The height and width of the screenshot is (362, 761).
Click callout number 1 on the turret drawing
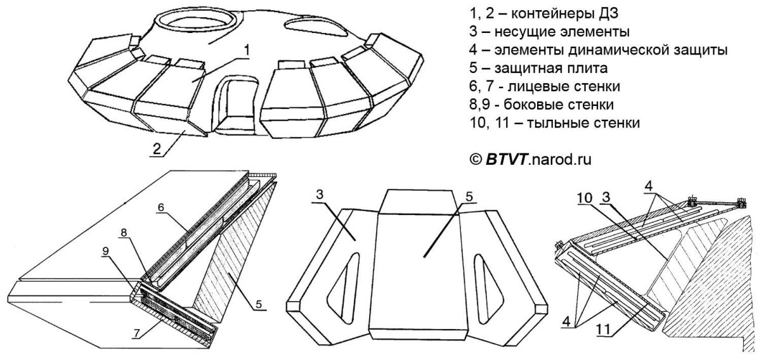pyautogui.click(x=248, y=48)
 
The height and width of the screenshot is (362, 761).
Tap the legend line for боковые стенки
pyautogui.click(x=540, y=103)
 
